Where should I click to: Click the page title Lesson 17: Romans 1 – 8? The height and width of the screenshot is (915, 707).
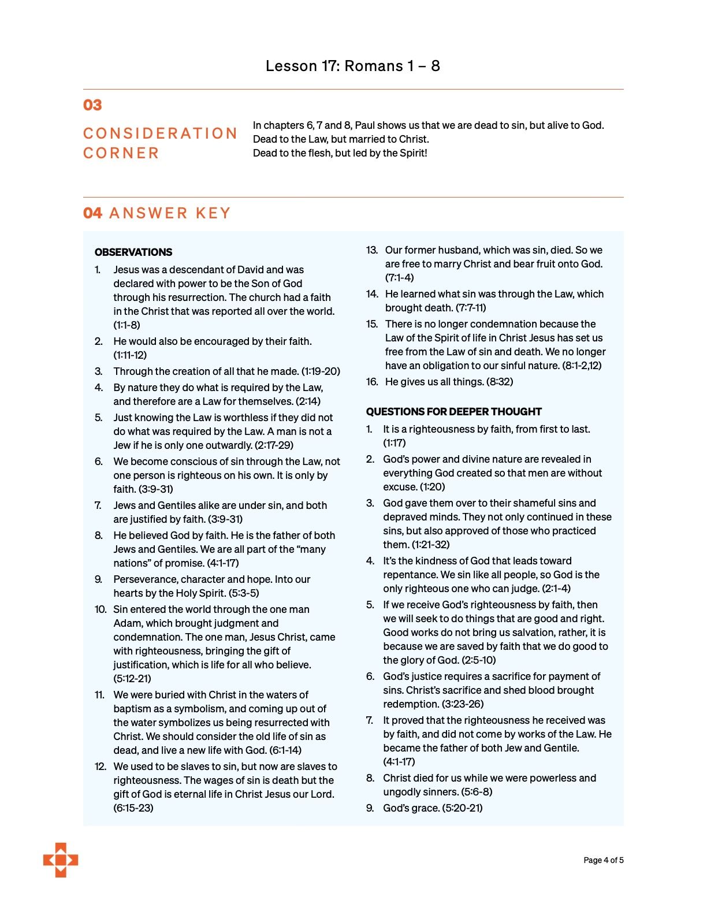[x=352, y=66]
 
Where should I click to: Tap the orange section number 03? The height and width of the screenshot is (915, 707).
[x=92, y=105]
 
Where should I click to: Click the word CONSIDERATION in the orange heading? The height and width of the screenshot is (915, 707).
[x=160, y=133]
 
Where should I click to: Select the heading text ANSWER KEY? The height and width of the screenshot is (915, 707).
[x=170, y=213]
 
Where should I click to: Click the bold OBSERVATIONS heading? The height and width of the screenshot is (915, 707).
[x=133, y=252]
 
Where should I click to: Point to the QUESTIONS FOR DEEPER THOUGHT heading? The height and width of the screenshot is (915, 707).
[x=453, y=412]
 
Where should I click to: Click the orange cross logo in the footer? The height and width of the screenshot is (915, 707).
[x=61, y=860]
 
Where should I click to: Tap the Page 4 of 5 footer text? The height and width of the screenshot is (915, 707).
[x=603, y=860]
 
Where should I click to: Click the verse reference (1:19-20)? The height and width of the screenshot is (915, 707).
[x=321, y=371]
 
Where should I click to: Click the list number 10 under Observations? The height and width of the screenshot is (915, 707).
[x=101, y=609]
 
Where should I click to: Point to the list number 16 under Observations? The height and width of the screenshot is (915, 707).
[x=372, y=382]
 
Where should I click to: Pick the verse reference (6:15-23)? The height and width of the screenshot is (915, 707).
[x=133, y=808]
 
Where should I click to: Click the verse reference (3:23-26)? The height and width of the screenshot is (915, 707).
[x=462, y=704]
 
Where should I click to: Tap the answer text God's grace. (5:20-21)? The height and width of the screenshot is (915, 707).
[x=433, y=808]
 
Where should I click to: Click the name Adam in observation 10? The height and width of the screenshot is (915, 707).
[x=127, y=623]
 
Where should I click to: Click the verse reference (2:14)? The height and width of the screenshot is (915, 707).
[x=308, y=401]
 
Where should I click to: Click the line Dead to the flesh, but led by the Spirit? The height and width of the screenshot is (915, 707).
[x=340, y=153]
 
